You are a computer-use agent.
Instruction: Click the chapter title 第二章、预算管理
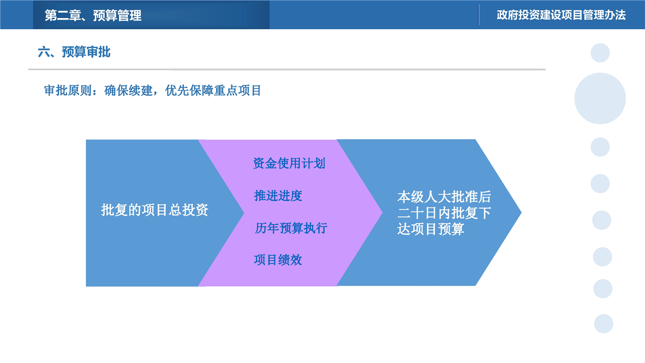click(x=93, y=15)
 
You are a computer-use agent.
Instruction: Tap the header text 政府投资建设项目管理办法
click(x=561, y=15)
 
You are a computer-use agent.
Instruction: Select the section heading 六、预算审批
click(x=74, y=52)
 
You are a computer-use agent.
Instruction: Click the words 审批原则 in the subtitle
click(x=68, y=90)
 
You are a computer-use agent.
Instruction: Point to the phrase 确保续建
click(x=128, y=90)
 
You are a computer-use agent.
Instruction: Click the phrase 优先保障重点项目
click(x=213, y=90)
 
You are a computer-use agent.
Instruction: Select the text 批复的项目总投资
click(x=154, y=210)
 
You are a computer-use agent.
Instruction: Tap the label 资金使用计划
click(x=289, y=163)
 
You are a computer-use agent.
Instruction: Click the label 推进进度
click(x=278, y=196)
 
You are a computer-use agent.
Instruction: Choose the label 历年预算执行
click(x=291, y=228)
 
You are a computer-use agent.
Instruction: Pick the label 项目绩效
click(x=278, y=260)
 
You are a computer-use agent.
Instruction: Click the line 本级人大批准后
click(x=444, y=197)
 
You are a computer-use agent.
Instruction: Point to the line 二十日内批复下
click(x=444, y=213)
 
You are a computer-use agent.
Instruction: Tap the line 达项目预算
click(x=431, y=229)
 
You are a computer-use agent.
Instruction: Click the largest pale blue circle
click(x=600, y=98)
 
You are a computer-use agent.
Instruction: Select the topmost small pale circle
click(x=600, y=53)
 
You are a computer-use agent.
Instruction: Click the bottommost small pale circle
click(x=604, y=324)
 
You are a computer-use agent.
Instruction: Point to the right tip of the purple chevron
click(x=382, y=213)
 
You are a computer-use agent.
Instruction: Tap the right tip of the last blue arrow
click(x=521, y=213)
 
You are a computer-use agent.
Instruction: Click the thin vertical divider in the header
click(x=479, y=15)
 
